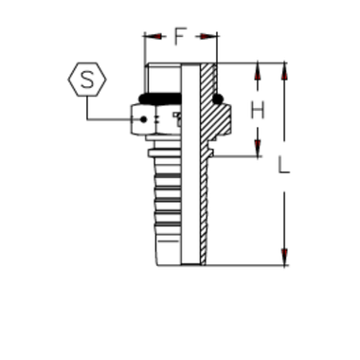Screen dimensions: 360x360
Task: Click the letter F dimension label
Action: pyautogui.click(x=178, y=36)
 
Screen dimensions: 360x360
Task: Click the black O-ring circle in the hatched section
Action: pyautogui.click(x=218, y=98)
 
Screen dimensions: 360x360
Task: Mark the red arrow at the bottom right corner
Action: pyautogui.click(x=285, y=255)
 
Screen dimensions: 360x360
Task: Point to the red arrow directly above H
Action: pyautogui.click(x=257, y=71)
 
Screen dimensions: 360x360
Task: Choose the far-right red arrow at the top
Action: pyautogui.click(x=285, y=71)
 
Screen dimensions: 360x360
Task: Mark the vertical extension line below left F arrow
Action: pyautogui.click(x=144, y=52)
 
